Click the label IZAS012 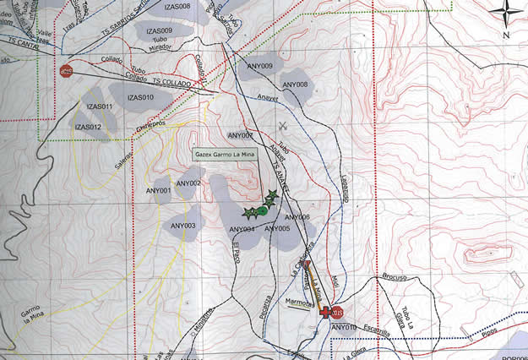pos(88,127)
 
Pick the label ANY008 pos(295,85)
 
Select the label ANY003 pos(182,226)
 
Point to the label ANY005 pos(276,229)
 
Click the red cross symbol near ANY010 pos(324,312)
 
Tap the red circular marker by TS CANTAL pos(67,72)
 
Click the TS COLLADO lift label pos(171,84)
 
